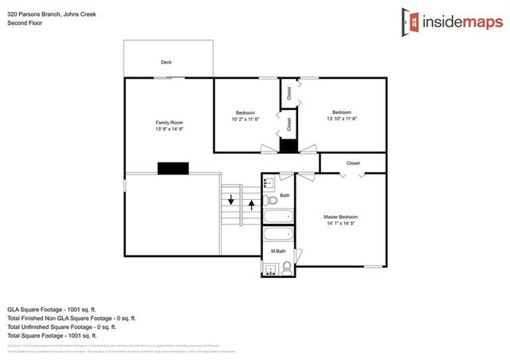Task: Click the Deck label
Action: (x=167, y=62)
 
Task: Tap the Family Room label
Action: (x=169, y=122)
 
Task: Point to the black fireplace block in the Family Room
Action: (x=172, y=167)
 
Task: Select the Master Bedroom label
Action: (x=340, y=217)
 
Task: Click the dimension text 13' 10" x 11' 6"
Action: (x=341, y=119)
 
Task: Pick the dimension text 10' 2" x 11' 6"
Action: (x=245, y=119)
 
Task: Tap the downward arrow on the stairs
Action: (x=231, y=200)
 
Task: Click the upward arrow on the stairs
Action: (x=253, y=205)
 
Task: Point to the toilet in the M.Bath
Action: (x=287, y=269)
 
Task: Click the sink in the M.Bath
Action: (x=270, y=270)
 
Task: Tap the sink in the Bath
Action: (x=269, y=182)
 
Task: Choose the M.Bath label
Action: (x=278, y=252)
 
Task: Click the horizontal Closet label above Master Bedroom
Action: (x=353, y=163)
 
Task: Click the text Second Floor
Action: (x=24, y=23)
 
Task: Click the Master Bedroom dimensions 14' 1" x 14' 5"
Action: (x=340, y=224)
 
